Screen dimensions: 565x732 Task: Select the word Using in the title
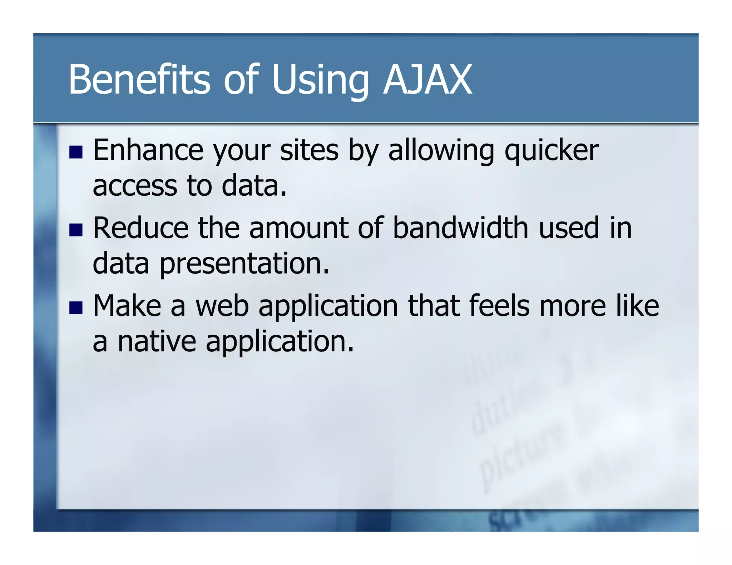click(320, 81)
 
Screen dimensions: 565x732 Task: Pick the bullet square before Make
click(76, 307)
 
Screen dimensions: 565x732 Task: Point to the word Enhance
click(148, 150)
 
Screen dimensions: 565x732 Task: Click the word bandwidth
click(460, 228)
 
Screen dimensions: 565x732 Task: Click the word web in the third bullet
click(222, 306)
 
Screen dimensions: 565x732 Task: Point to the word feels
click(499, 306)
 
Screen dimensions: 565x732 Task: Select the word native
click(157, 341)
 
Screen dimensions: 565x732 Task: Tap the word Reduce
click(140, 228)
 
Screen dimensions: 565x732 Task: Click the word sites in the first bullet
click(309, 150)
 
